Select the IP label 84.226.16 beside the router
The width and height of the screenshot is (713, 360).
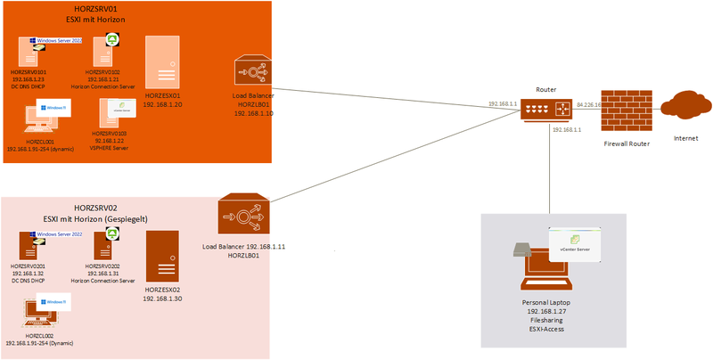click(589, 104)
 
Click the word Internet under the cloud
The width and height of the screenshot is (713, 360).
click(685, 138)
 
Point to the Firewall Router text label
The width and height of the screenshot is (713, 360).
click(625, 143)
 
